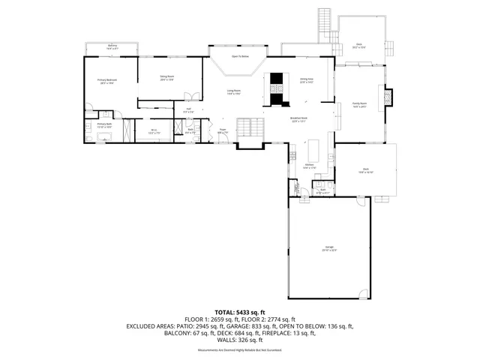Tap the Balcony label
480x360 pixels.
[112, 46]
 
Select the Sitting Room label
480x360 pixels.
[166, 77]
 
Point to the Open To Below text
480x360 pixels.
[239, 56]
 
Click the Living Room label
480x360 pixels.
[234, 92]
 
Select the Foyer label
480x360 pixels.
[223, 131]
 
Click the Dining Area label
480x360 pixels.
[306, 80]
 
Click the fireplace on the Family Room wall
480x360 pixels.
[388, 97]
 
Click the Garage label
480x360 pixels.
[329, 248]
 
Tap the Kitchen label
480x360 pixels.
[309, 166]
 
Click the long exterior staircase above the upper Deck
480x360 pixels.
[325, 22]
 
